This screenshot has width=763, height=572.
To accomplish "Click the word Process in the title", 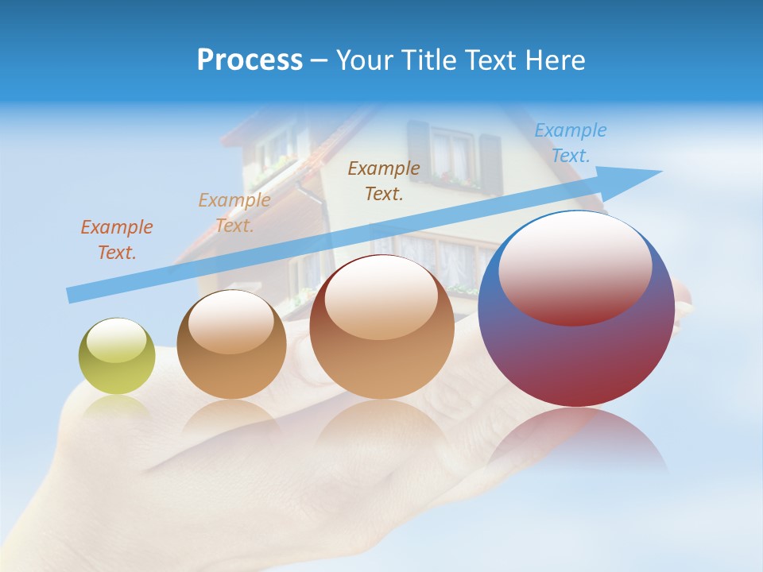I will tap(250, 60).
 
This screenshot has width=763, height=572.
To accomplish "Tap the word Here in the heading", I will tap(554, 60).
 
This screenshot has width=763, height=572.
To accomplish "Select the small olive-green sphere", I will tap(117, 356).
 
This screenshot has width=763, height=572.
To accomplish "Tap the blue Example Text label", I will tap(571, 143).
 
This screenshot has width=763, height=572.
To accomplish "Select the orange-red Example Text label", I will tap(117, 240).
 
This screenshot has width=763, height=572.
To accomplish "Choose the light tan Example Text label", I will tap(234, 213).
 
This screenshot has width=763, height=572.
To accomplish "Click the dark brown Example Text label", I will tap(384, 181).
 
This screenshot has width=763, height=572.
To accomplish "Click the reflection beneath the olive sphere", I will tap(117, 406).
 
